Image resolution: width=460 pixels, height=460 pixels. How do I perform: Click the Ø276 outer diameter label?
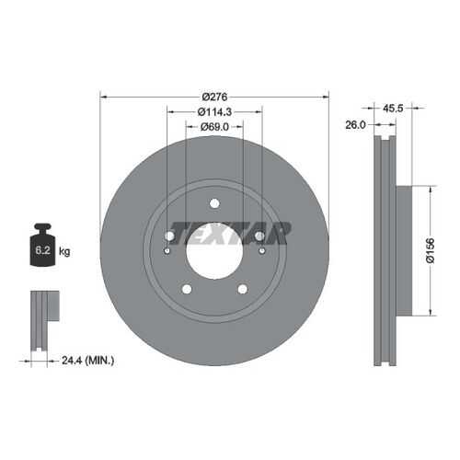[214, 97]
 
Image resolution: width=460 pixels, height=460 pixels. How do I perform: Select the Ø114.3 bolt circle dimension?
[214, 112]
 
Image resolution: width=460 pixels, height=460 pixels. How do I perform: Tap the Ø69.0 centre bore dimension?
[214, 126]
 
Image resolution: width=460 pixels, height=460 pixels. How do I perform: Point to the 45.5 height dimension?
[393, 108]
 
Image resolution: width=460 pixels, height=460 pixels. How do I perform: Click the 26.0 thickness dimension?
[355, 125]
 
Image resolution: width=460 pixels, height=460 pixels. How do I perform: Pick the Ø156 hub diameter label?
[431, 250]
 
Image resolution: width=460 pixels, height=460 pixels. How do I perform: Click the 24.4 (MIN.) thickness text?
[88, 360]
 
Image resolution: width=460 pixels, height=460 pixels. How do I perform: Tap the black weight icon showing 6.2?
[43, 245]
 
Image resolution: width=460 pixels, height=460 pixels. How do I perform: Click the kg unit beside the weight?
[64, 251]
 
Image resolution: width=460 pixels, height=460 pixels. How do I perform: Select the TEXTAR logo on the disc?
[229, 233]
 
